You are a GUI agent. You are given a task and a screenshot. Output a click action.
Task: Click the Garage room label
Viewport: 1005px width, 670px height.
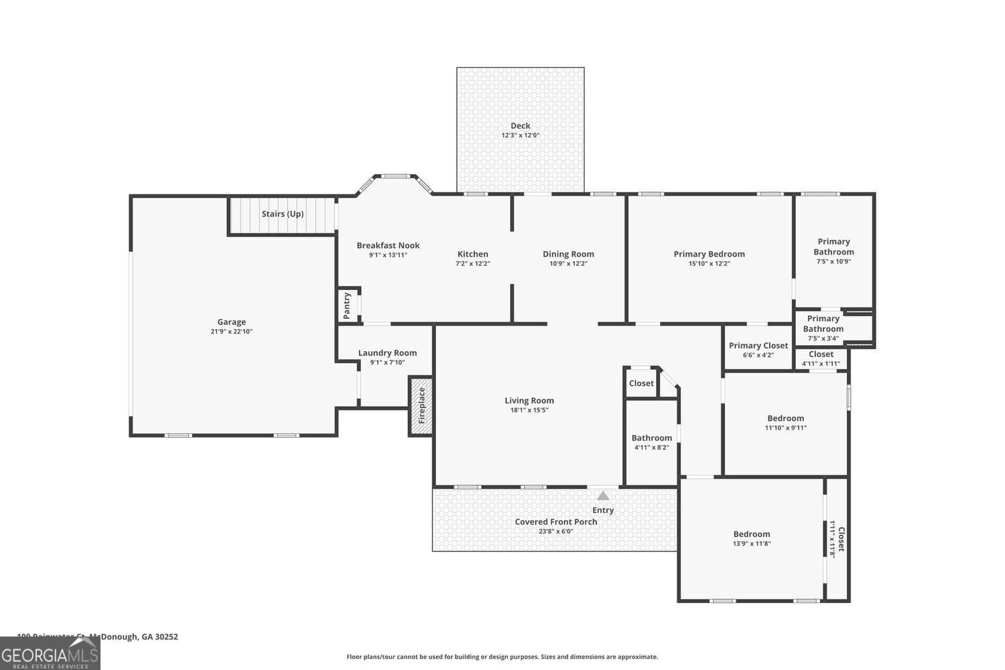[231, 322]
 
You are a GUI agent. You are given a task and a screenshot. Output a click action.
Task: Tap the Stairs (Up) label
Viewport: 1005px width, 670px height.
[282, 214]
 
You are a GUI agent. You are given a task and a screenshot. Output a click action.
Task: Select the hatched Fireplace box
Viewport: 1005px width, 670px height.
[421, 406]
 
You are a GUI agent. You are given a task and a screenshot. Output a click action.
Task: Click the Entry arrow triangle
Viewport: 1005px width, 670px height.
[603, 496]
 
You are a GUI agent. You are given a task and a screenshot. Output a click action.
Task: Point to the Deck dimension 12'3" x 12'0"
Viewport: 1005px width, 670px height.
[520, 135]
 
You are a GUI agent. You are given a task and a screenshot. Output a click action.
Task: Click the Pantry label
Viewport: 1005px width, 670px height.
[347, 305]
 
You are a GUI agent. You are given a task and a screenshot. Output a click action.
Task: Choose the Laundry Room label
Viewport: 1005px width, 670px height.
[387, 353]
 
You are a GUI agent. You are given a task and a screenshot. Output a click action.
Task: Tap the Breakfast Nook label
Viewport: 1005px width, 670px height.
[388, 245]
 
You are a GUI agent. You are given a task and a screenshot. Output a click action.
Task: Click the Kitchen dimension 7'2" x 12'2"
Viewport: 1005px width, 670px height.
[472, 263]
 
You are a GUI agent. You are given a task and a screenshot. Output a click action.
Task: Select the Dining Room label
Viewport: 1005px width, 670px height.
[568, 254]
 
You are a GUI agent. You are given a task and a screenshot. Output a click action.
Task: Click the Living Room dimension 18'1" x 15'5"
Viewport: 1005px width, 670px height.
[529, 410]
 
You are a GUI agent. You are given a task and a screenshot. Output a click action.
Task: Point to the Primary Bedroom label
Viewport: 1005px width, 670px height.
[709, 254]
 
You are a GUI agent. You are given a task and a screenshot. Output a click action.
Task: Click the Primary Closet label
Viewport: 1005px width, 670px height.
[758, 346]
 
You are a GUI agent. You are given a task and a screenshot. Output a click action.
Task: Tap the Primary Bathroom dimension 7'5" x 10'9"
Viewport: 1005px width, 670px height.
[833, 261]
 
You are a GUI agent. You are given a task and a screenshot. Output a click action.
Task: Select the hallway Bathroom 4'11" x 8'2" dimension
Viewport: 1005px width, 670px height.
[651, 448]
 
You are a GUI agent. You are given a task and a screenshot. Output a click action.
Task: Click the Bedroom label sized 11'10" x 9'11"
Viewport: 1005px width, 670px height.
[785, 418]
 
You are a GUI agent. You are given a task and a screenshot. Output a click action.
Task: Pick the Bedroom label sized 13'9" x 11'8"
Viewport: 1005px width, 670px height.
[751, 534]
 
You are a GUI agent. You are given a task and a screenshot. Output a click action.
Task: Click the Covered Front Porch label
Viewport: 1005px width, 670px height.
[555, 522]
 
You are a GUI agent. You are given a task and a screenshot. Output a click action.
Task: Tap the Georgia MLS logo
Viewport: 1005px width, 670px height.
[50, 653]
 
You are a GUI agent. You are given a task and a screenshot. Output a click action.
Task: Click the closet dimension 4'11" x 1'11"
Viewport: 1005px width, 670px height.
[821, 364]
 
